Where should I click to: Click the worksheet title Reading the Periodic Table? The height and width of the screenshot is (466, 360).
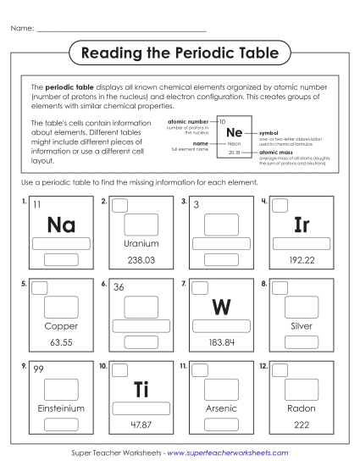click(x=180, y=53)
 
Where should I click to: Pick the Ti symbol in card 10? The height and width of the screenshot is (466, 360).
click(x=141, y=389)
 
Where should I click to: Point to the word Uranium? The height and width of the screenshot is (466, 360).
click(x=141, y=243)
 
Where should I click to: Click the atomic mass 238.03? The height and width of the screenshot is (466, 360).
click(x=141, y=260)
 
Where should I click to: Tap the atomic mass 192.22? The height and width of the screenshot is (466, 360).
click(x=302, y=260)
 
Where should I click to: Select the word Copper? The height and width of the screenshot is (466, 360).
click(x=61, y=325)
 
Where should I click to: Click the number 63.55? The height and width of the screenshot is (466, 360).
click(x=61, y=342)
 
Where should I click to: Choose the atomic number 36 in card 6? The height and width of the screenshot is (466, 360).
click(x=119, y=287)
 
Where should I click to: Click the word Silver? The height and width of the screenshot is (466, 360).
click(x=302, y=325)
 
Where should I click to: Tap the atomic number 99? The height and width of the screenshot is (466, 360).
click(x=38, y=369)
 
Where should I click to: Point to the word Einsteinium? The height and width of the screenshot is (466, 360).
click(x=61, y=408)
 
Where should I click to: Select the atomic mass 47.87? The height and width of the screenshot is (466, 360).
click(x=141, y=424)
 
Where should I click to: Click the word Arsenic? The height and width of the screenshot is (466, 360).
click(x=222, y=408)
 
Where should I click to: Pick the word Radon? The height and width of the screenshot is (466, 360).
click(x=302, y=408)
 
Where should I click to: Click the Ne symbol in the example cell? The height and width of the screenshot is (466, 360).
click(x=236, y=132)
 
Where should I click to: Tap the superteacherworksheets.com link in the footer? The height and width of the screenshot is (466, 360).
click(x=227, y=453)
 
